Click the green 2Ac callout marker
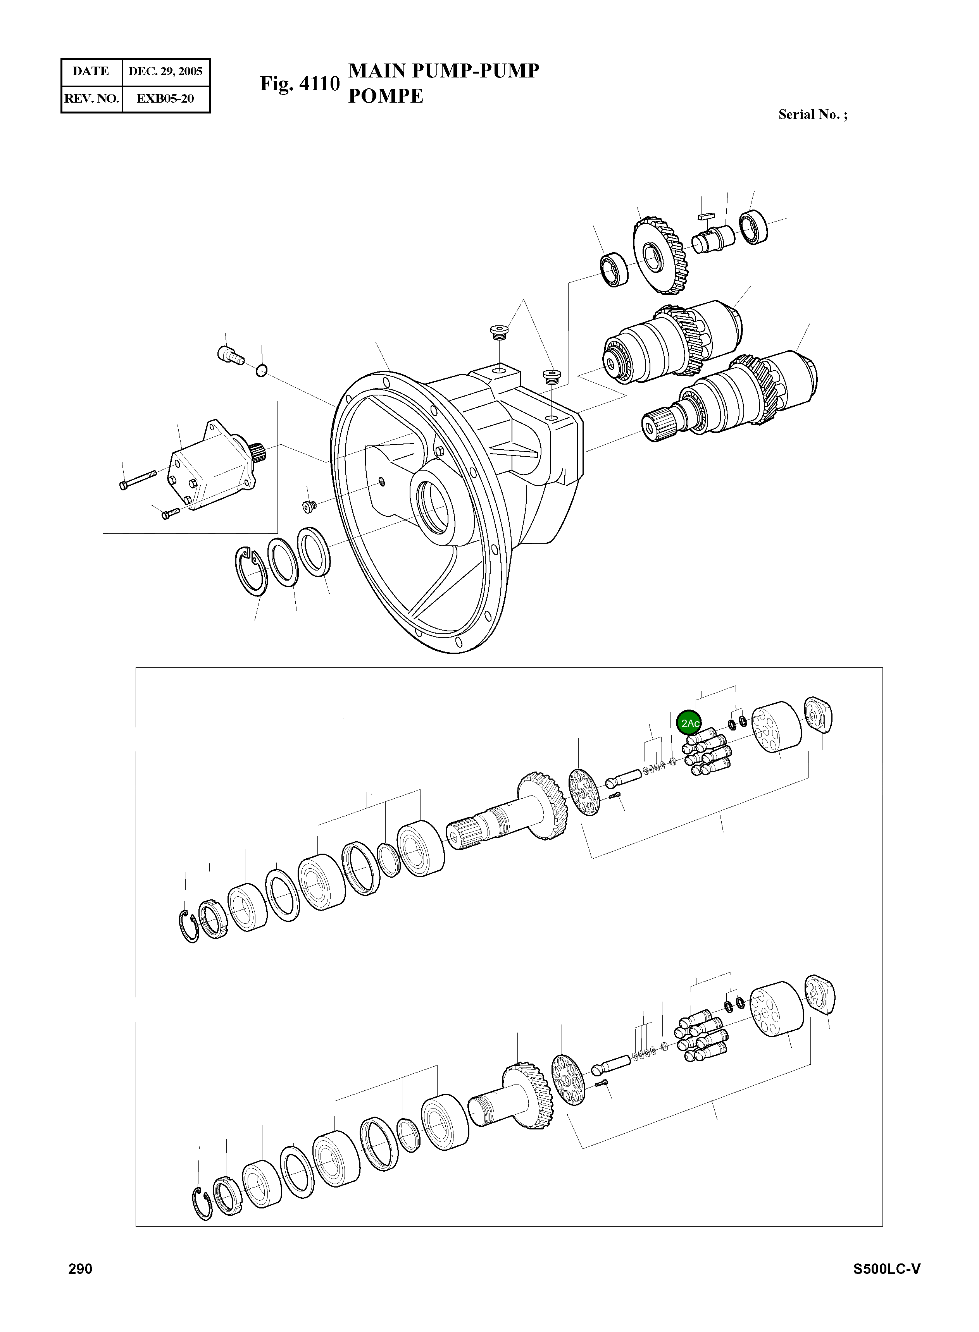689,723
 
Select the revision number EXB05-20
165,98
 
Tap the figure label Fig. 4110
300,84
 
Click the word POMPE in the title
386,96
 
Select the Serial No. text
812,115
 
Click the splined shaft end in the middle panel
464,833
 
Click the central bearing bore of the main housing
434,507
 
